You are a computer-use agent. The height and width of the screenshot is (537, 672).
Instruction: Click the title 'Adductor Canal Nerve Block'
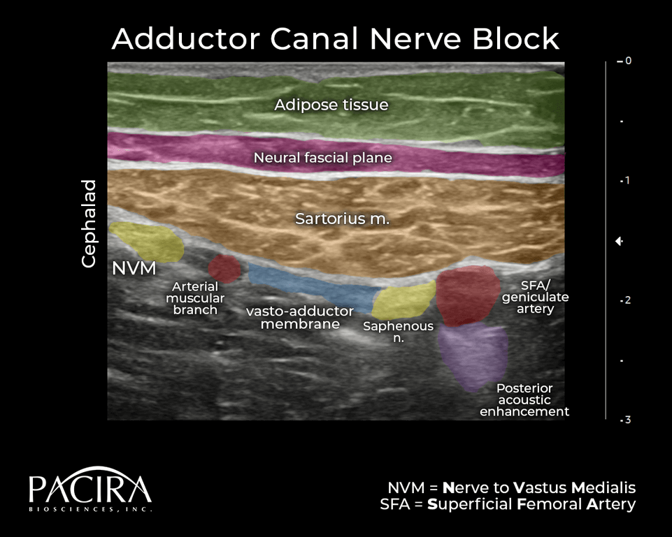click(336, 39)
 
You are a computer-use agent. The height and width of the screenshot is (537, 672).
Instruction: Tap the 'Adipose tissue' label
click(331, 105)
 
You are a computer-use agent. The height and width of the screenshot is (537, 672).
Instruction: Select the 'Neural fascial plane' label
click(322, 158)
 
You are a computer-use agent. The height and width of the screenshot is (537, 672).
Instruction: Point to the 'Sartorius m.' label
click(342, 218)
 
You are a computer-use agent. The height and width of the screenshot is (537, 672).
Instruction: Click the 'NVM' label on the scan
click(133, 268)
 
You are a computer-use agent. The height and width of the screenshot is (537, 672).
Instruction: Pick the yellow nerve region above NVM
click(148, 241)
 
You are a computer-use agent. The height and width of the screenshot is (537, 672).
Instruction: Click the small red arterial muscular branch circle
click(224, 267)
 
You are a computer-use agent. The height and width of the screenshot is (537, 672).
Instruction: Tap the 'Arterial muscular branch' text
click(195, 298)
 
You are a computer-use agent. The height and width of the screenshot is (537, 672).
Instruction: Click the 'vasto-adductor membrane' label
click(300, 318)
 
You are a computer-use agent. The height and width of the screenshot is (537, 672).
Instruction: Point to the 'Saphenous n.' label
click(398, 332)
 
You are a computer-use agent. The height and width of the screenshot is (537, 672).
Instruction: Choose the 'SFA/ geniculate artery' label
click(535, 297)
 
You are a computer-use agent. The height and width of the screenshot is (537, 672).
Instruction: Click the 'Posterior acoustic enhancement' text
click(524, 400)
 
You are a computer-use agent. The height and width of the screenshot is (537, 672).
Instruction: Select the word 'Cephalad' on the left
click(89, 223)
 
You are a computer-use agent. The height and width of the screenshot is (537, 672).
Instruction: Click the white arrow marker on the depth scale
click(619, 242)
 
